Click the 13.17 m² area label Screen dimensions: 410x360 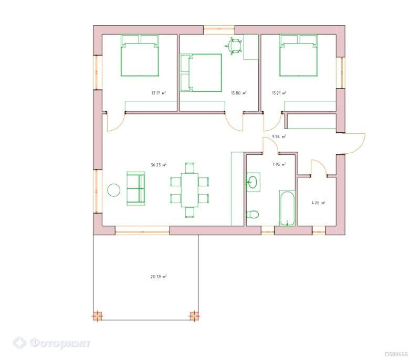(159, 93)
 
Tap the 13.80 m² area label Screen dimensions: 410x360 (238, 93)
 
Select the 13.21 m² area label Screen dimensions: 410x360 (279, 93)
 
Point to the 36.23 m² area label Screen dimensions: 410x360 (159, 165)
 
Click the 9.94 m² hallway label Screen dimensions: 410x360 (279, 136)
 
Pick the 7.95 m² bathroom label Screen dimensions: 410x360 (279, 164)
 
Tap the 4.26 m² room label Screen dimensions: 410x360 (318, 203)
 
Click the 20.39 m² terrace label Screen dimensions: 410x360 (159, 277)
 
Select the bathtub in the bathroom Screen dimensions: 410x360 (287, 208)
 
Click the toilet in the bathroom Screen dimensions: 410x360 (253, 215)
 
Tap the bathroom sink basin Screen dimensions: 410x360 (253, 182)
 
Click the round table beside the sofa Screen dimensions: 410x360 (114, 190)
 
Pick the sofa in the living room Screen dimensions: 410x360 (136, 188)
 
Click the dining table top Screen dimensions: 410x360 (190, 190)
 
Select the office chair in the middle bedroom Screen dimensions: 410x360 (234, 46)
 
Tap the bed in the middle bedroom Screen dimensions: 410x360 (201, 72)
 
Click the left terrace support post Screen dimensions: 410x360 (97, 316)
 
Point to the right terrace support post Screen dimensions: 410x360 (194, 316)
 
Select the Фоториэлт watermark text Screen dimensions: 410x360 (60, 343)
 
